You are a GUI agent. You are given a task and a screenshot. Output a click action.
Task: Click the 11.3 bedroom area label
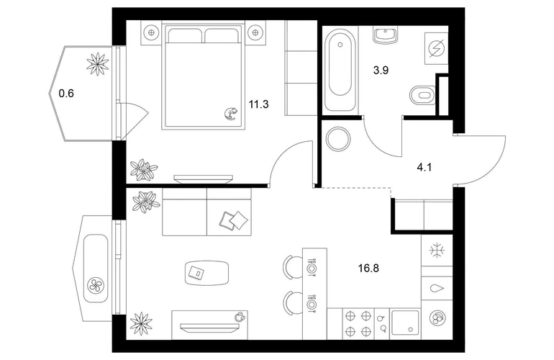click(x=258, y=104)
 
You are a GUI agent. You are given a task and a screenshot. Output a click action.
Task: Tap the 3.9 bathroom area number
click(x=381, y=71)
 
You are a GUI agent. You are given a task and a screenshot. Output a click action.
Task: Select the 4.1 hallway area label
click(x=424, y=167)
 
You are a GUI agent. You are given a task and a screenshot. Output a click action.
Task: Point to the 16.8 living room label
click(x=368, y=269)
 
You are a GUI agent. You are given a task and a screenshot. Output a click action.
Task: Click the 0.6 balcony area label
click(x=66, y=94)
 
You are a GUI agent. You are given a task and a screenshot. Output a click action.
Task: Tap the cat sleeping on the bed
click(x=231, y=114)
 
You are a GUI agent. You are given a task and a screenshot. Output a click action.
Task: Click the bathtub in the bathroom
click(x=340, y=71)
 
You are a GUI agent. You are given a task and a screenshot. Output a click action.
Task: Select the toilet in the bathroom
click(x=422, y=96)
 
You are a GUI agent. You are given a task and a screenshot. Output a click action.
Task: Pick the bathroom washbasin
click(x=385, y=35)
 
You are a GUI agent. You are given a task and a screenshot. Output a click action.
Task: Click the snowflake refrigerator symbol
click(x=437, y=251)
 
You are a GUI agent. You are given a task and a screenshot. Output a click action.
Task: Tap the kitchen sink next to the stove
click(x=404, y=323)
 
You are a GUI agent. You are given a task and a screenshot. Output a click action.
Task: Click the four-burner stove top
click(x=358, y=323)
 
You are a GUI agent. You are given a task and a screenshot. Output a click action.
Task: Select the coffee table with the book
click(x=206, y=273)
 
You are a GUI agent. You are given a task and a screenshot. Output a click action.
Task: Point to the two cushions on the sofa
click(x=234, y=221)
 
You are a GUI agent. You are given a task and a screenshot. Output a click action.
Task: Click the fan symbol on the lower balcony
click(x=96, y=284)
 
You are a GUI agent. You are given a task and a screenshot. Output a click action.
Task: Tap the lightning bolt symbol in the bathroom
click(x=436, y=48)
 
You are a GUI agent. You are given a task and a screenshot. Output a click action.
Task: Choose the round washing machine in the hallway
click(x=338, y=139)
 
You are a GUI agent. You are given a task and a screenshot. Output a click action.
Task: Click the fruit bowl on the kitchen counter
click(x=437, y=318)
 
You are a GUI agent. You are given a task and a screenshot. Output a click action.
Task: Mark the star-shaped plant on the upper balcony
click(x=98, y=64)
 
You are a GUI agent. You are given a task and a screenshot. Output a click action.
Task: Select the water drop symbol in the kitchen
click(x=437, y=289)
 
